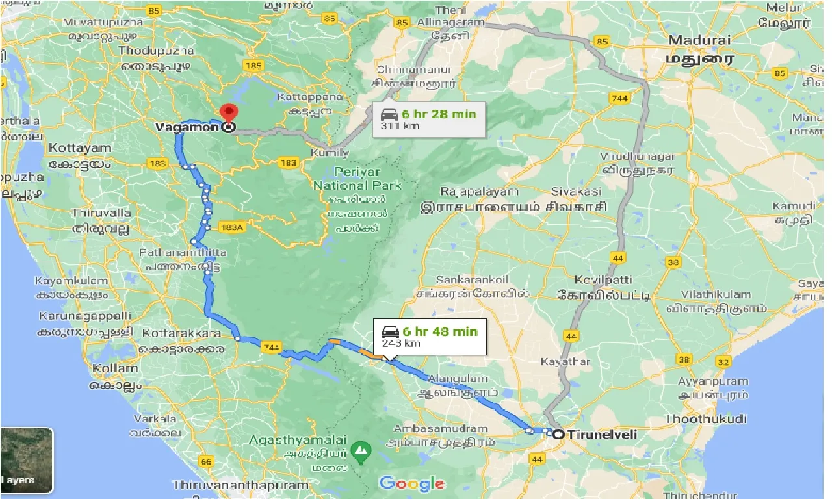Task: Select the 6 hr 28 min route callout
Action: [429, 119]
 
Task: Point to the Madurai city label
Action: [699, 40]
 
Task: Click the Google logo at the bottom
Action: [412, 483]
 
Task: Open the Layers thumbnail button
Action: [27, 459]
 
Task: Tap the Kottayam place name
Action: [80, 148]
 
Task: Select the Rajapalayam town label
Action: [479, 192]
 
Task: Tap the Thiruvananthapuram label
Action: [240, 485]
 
